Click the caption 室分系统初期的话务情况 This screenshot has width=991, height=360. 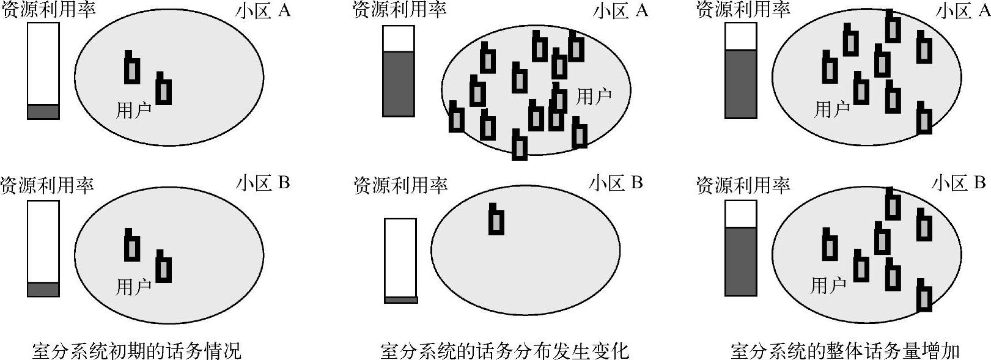pos(136,351)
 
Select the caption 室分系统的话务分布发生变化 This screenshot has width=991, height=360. pos(504,351)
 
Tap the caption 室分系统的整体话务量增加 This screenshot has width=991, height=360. pos(845,351)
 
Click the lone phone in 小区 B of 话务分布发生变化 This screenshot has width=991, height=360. pos(496,220)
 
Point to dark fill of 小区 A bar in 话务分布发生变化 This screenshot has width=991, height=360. pos(399,84)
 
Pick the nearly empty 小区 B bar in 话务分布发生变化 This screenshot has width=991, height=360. pos(400,260)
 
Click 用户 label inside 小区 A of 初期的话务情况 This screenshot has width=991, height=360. pos(134,110)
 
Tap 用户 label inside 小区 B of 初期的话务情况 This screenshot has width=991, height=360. pos(134,286)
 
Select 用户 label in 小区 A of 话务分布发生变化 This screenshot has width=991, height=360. pos(594,96)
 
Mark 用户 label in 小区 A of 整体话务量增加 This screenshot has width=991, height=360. pos(832,109)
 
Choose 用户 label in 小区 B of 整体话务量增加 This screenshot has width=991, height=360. pos(828,285)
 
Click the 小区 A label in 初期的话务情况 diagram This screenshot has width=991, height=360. pos(263,12)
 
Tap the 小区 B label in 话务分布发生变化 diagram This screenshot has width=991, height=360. pos(616,183)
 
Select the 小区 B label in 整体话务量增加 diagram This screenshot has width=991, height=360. pos(958,183)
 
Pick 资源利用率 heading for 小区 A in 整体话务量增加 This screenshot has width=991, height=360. pos(743,9)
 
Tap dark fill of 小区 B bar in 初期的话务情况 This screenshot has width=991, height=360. pos(43,289)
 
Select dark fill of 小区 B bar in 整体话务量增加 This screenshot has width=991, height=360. pos(740,262)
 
